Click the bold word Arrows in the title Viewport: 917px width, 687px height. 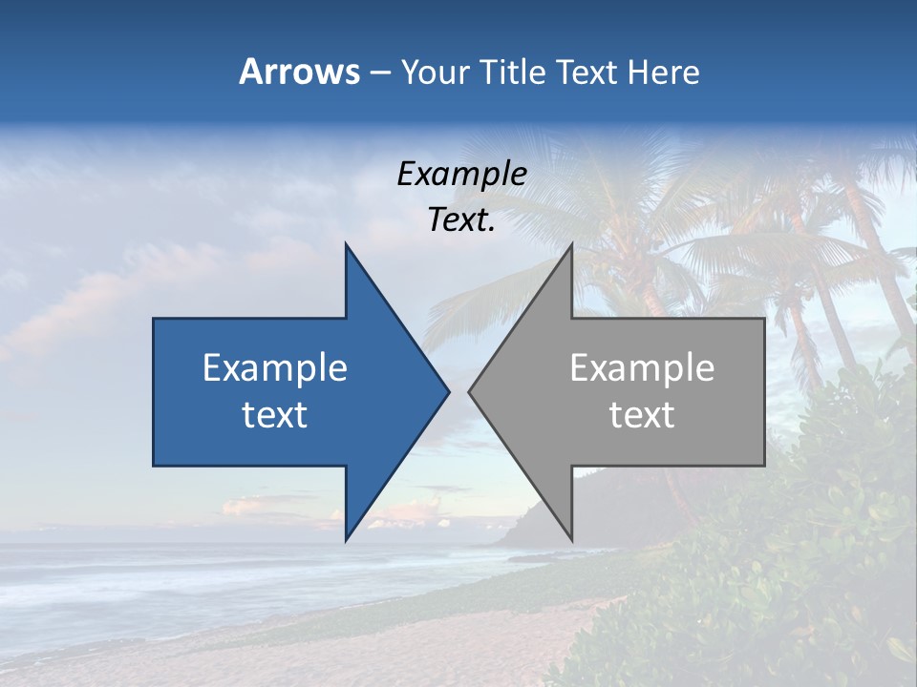point(299,72)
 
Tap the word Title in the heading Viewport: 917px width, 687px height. point(513,72)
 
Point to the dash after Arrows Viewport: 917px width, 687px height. point(379,73)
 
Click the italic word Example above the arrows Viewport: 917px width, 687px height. point(462,174)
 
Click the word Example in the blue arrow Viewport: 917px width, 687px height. point(275,367)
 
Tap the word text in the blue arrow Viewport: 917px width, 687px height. point(275,414)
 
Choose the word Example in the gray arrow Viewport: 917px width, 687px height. point(642,367)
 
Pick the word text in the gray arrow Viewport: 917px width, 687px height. point(642,414)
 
